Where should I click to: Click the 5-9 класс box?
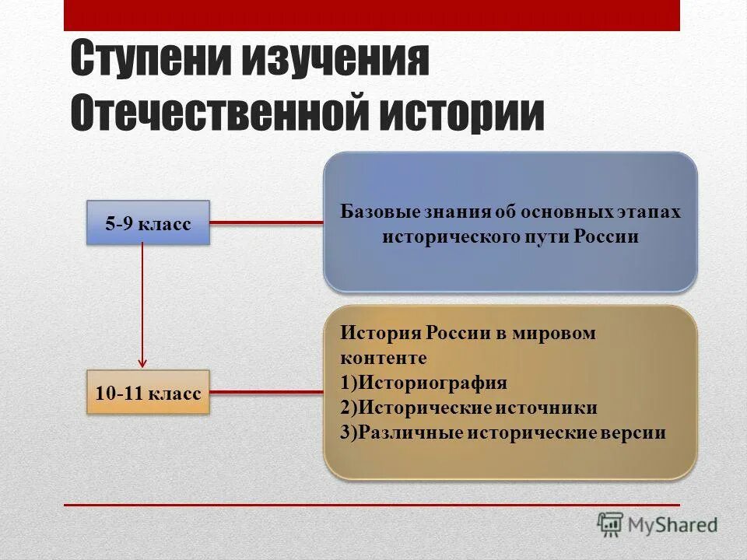click(148, 223)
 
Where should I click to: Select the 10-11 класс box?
click(148, 392)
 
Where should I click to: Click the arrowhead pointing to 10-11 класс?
click(142, 362)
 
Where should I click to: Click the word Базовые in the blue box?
click(376, 212)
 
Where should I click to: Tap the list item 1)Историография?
click(423, 383)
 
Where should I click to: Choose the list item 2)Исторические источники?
click(468, 408)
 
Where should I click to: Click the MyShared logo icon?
click(611, 524)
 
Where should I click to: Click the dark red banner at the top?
click(372, 15)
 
